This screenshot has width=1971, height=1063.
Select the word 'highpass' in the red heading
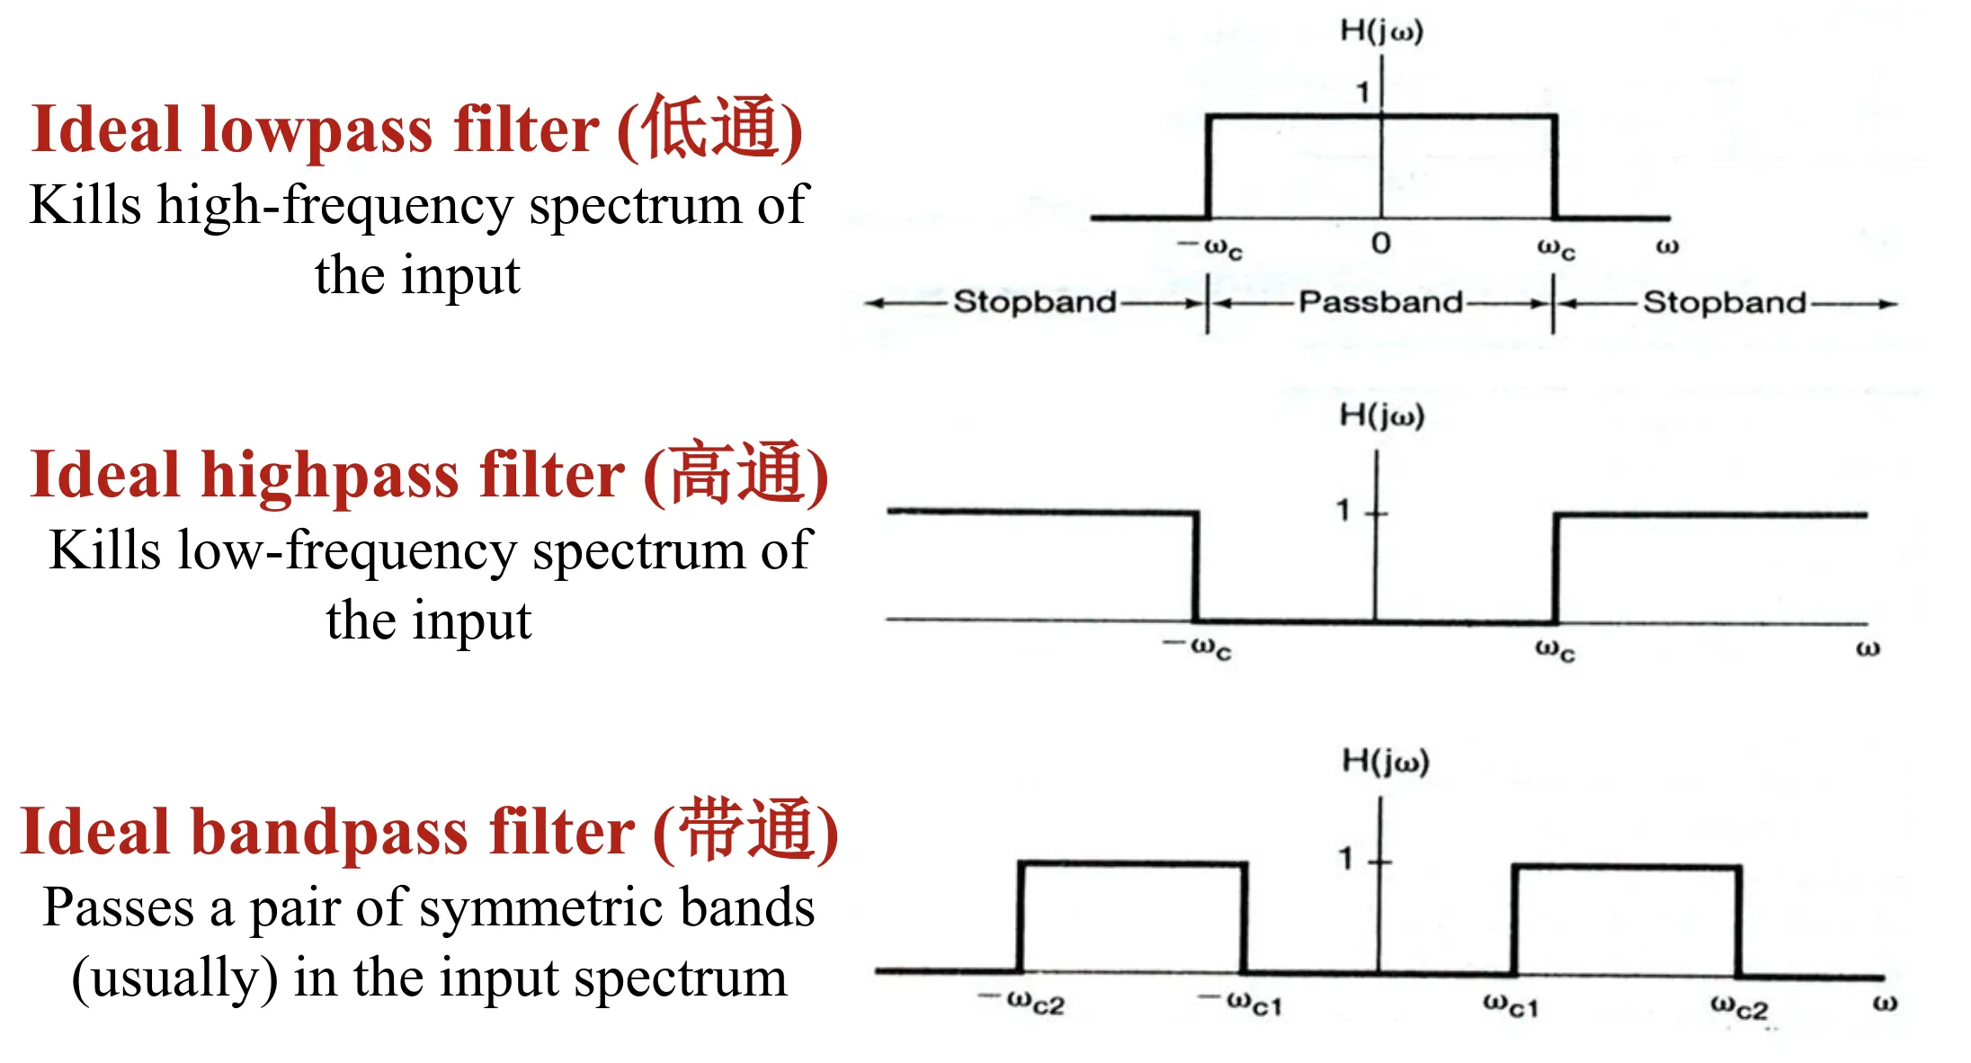[x=329, y=475]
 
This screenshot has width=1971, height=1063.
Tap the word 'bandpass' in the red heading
[x=329, y=832]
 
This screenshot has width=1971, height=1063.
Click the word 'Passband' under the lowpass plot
[x=1380, y=302]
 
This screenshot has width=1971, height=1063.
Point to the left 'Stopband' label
[x=1034, y=302]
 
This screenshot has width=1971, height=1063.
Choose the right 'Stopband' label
[x=1724, y=303]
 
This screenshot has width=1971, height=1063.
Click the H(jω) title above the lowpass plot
[x=1381, y=31]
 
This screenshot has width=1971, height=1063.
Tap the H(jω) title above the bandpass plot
[x=1385, y=762]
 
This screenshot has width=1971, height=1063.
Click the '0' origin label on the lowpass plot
[x=1380, y=243]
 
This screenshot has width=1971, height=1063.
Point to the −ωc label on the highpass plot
[x=1199, y=647]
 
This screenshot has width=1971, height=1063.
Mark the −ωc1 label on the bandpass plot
[x=1242, y=1002]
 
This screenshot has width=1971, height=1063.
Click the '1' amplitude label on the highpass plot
[x=1343, y=511]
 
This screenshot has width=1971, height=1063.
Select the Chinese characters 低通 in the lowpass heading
[x=709, y=129]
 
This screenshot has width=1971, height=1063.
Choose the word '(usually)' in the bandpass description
[x=174, y=978]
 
